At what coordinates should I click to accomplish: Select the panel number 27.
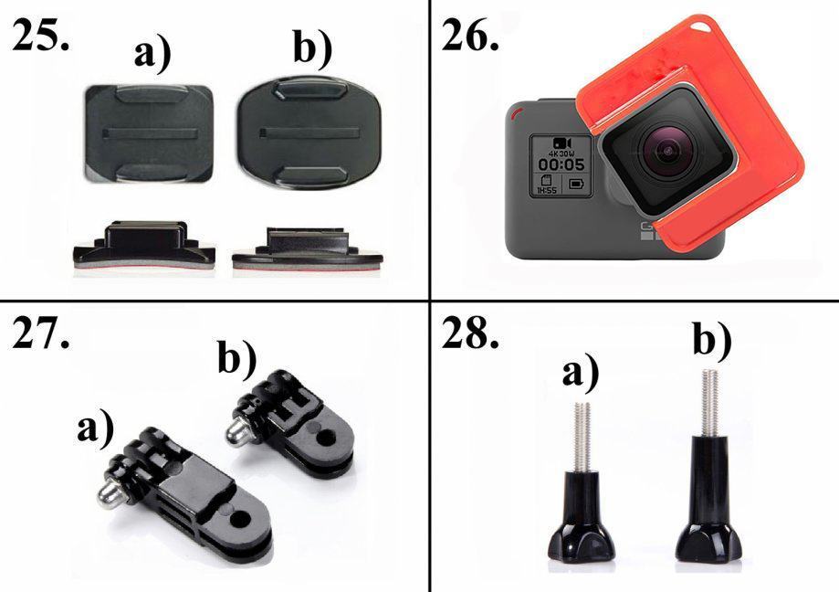point(41,333)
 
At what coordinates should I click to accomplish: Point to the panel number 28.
point(470,333)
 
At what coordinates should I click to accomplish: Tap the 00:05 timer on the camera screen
point(561,164)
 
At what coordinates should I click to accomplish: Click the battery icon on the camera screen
point(576,185)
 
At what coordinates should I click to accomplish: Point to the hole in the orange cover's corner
point(697,25)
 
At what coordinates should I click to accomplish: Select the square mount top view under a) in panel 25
point(148,133)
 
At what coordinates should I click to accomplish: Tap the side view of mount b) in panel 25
point(308,248)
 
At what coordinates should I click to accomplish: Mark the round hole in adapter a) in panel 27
point(241,519)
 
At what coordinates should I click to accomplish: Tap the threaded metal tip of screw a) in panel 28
point(582,437)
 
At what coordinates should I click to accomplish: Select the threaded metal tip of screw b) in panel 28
point(710,404)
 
